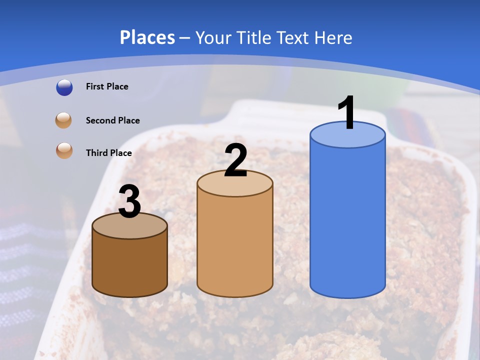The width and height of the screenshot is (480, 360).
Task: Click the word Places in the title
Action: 147,37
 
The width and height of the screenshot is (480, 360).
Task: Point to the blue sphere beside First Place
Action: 64,87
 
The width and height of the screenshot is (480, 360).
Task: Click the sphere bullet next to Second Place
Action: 64,120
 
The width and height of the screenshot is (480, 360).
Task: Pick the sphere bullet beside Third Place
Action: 64,150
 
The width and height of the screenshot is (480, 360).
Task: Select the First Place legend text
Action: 107,86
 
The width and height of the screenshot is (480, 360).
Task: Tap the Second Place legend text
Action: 112,120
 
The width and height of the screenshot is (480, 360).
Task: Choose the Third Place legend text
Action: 108,153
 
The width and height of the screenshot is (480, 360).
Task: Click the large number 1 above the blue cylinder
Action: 346,113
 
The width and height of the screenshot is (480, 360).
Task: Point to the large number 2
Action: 235,160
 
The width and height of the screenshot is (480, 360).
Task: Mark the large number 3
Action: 130,202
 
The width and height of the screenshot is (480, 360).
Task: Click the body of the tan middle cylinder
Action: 235,245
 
